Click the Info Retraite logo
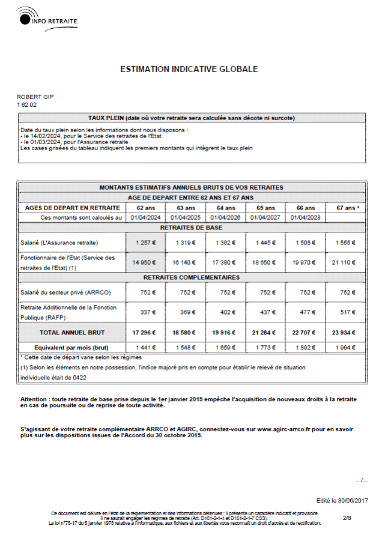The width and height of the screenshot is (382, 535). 47,19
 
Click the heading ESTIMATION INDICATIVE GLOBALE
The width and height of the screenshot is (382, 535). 189,69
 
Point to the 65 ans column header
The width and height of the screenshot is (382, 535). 265,208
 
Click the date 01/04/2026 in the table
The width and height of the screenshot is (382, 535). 225,217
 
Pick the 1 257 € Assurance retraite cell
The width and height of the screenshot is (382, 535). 145,243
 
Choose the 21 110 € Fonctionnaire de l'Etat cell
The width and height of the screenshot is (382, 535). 344,263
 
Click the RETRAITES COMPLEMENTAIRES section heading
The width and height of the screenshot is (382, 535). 191,277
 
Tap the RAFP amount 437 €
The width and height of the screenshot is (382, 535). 265,312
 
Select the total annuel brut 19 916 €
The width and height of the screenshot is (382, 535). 225,332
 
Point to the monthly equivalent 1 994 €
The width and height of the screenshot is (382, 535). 344,347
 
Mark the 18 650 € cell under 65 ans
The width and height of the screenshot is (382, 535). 265,263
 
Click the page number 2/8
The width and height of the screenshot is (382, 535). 347,517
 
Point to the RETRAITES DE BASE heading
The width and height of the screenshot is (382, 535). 191,228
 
